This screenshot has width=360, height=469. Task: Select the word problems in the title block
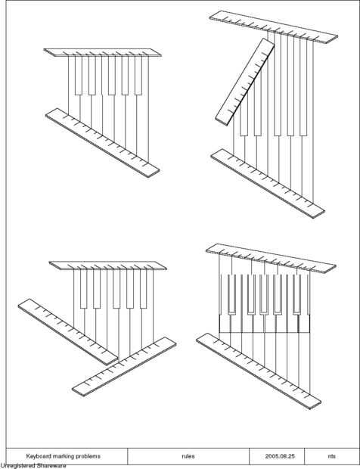84,456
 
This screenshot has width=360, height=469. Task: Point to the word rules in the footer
188,456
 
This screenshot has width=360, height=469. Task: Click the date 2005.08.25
280,456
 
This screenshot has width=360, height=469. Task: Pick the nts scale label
331,456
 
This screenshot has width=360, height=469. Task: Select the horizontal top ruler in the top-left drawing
103,53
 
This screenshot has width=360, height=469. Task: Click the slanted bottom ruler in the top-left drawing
103,143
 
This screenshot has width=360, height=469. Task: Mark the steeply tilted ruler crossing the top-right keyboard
245,82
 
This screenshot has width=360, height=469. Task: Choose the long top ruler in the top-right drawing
273,27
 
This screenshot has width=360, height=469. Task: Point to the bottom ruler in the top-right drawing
268,183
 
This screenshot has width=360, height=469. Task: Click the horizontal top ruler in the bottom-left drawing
108,266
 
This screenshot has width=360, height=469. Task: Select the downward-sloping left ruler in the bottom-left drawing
68,332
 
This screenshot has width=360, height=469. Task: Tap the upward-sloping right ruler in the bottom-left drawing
124,366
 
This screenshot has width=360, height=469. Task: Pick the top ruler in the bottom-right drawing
271,258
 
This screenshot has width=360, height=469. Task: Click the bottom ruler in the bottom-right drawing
259,371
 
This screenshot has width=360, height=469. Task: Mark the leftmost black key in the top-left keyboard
79,76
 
